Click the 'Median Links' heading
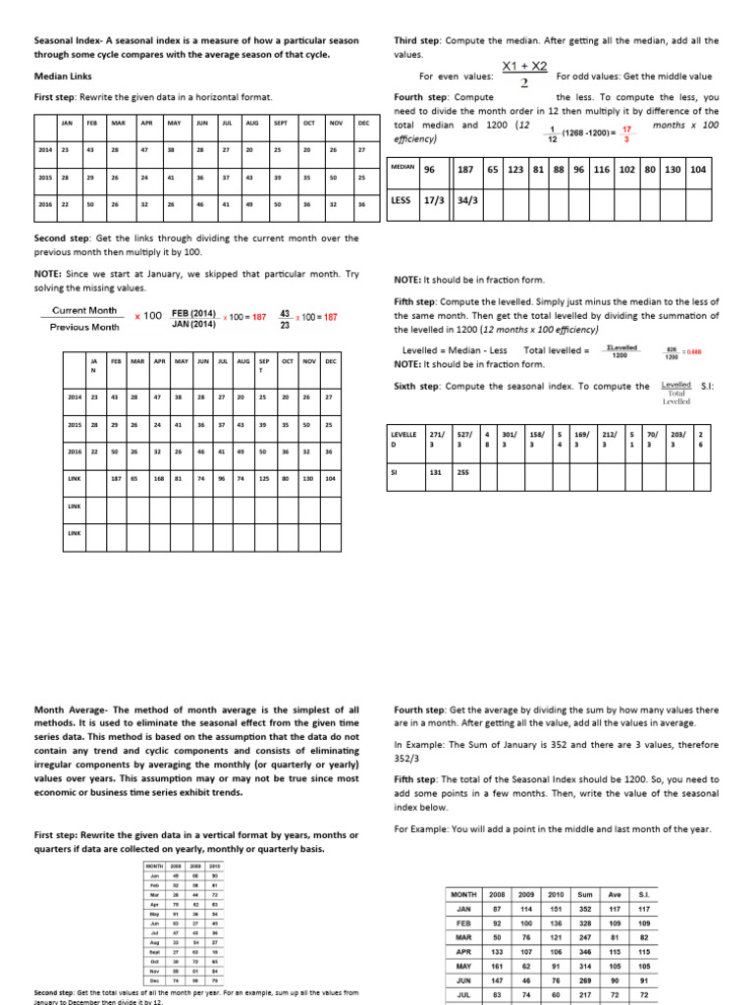pyautogui.click(x=63, y=76)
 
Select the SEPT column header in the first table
pyautogui.click(x=279, y=123)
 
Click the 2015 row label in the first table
pyautogui.click(x=45, y=178)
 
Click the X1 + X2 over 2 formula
pyautogui.click(x=522, y=75)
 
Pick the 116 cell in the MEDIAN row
pyautogui.click(x=602, y=169)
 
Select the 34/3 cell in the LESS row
pyautogui.click(x=467, y=200)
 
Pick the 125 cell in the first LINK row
pyautogui.click(x=263, y=478)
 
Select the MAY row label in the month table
pyautogui.click(x=464, y=966)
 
